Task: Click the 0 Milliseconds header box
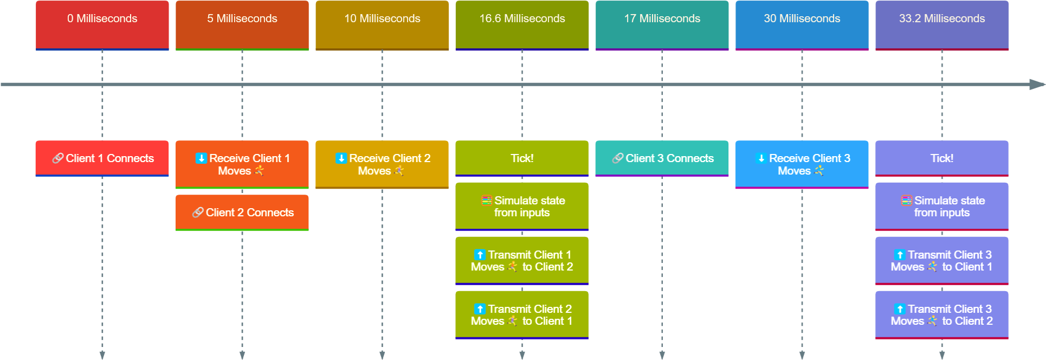point(102,24)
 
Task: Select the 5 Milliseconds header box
point(242,24)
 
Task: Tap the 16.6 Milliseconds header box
point(522,24)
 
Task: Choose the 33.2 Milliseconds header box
point(942,24)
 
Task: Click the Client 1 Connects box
point(102,158)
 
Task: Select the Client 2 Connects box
point(242,213)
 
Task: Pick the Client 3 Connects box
point(662,158)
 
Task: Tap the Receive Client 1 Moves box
point(242,164)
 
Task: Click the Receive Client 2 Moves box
point(382,164)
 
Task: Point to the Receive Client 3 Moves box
point(802,164)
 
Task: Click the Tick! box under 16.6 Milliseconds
point(522,158)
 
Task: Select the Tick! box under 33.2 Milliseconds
point(942,158)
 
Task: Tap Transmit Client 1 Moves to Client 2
point(522,260)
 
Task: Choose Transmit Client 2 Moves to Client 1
point(522,314)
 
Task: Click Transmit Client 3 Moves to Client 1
point(942,260)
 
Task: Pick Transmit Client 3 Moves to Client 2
point(942,314)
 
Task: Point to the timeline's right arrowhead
point(1037,85)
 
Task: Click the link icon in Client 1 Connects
point(57,158)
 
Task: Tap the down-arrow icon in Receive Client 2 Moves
point(341,158)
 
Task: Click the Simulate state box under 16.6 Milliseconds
point(522,206)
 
